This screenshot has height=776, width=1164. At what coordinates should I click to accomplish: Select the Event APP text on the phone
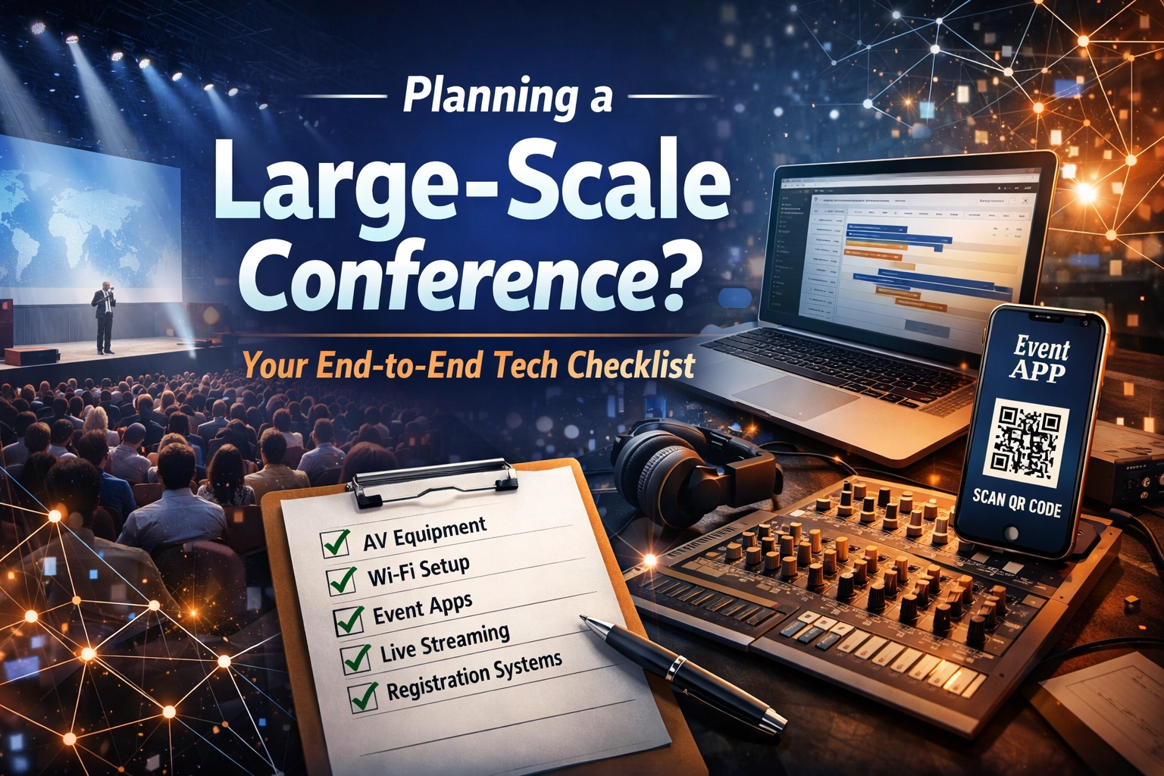(1041, 359)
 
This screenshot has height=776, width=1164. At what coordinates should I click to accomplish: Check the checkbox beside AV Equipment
(335, 543)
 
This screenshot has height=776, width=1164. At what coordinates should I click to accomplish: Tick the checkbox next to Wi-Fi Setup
(342, 580)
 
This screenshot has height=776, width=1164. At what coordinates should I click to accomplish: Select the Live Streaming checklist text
(445, 643)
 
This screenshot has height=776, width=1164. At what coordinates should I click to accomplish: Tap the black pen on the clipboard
(682, 671)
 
